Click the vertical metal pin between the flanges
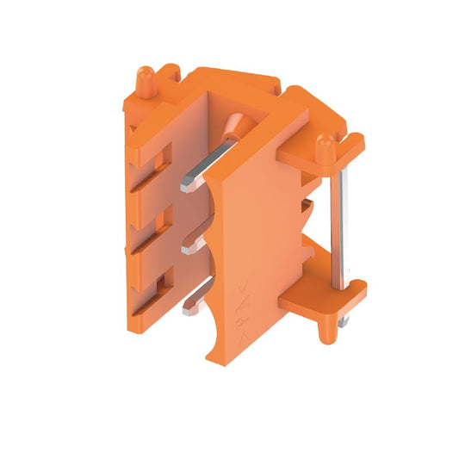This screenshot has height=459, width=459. click(x=342, y=228)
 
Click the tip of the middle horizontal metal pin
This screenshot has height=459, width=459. click(x=187, y=250)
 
